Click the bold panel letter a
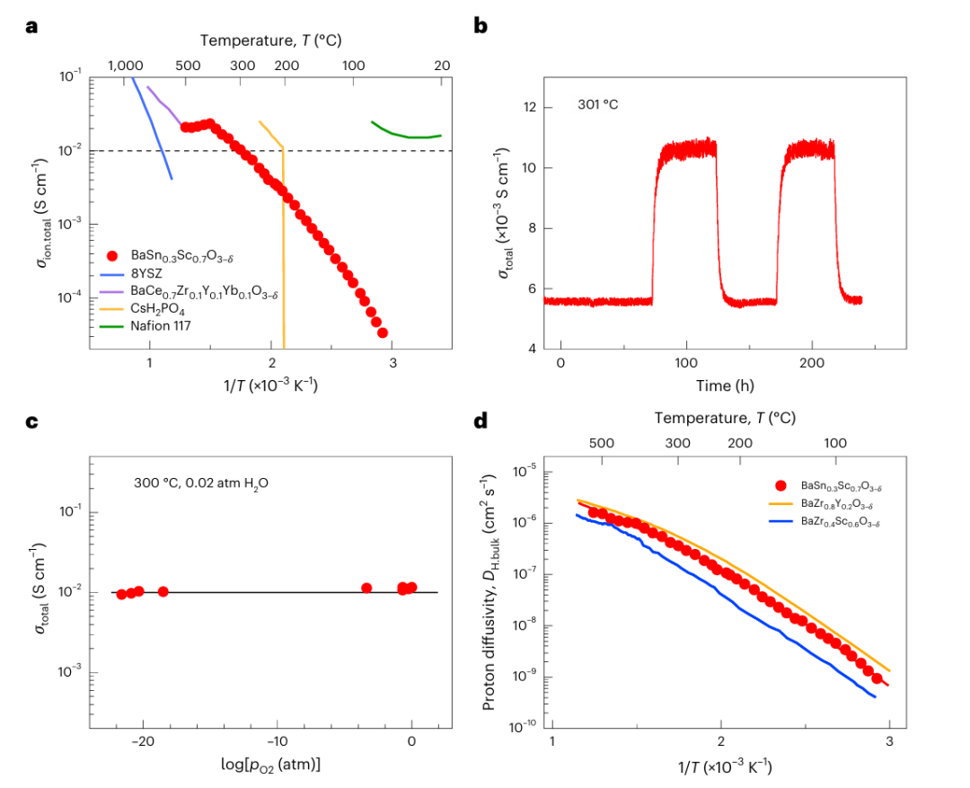(31, 26)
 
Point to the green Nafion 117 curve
(404, 134)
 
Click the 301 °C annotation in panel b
(598, 105)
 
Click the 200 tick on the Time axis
(812, 367)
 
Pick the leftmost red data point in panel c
(121, 594)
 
